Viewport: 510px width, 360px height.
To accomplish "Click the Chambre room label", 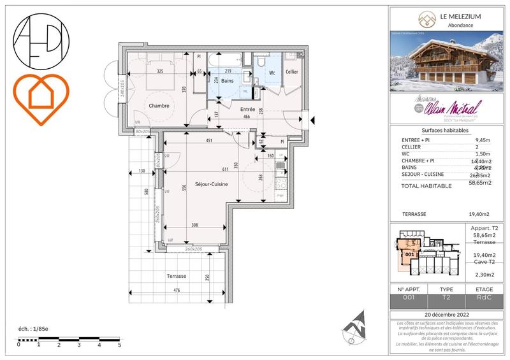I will (x=159, y=106).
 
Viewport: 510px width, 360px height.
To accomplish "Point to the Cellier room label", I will (x=292, y=72).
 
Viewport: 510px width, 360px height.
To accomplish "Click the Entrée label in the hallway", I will (x=247, y=110).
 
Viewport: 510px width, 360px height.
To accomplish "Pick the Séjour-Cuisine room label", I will (x=211, y=184).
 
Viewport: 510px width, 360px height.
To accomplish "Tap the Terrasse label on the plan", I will (x=177, y=277).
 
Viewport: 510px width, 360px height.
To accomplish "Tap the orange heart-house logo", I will (x=40, y=98).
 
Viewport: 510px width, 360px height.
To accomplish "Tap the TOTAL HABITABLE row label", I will (x=426, y=186).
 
